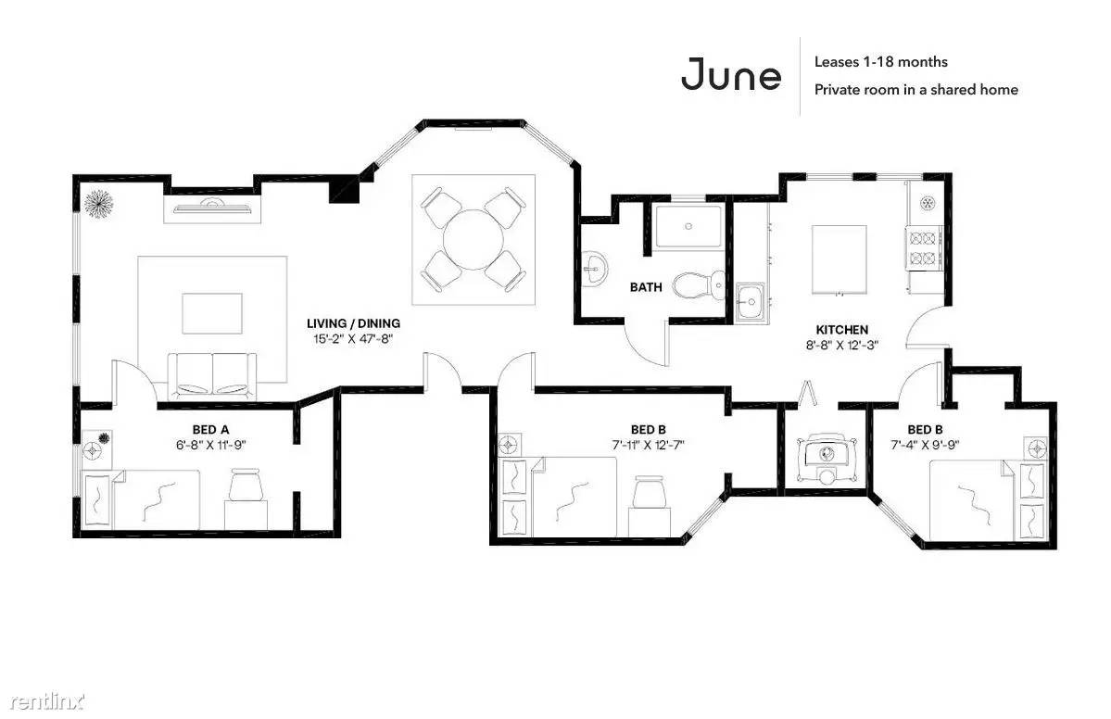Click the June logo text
730,75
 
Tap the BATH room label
646,287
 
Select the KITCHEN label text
841,330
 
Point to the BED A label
210,429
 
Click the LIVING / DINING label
353,323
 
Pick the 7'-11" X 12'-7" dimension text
649,445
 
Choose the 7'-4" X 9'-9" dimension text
925,445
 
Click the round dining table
473,239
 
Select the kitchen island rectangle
839,259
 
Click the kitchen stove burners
923,248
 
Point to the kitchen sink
750,303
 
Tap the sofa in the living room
212,375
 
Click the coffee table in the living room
212,313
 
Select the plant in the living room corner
98,204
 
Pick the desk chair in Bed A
246,486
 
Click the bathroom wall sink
594,270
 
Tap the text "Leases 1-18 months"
880,62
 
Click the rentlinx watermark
47,701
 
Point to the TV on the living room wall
211,207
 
